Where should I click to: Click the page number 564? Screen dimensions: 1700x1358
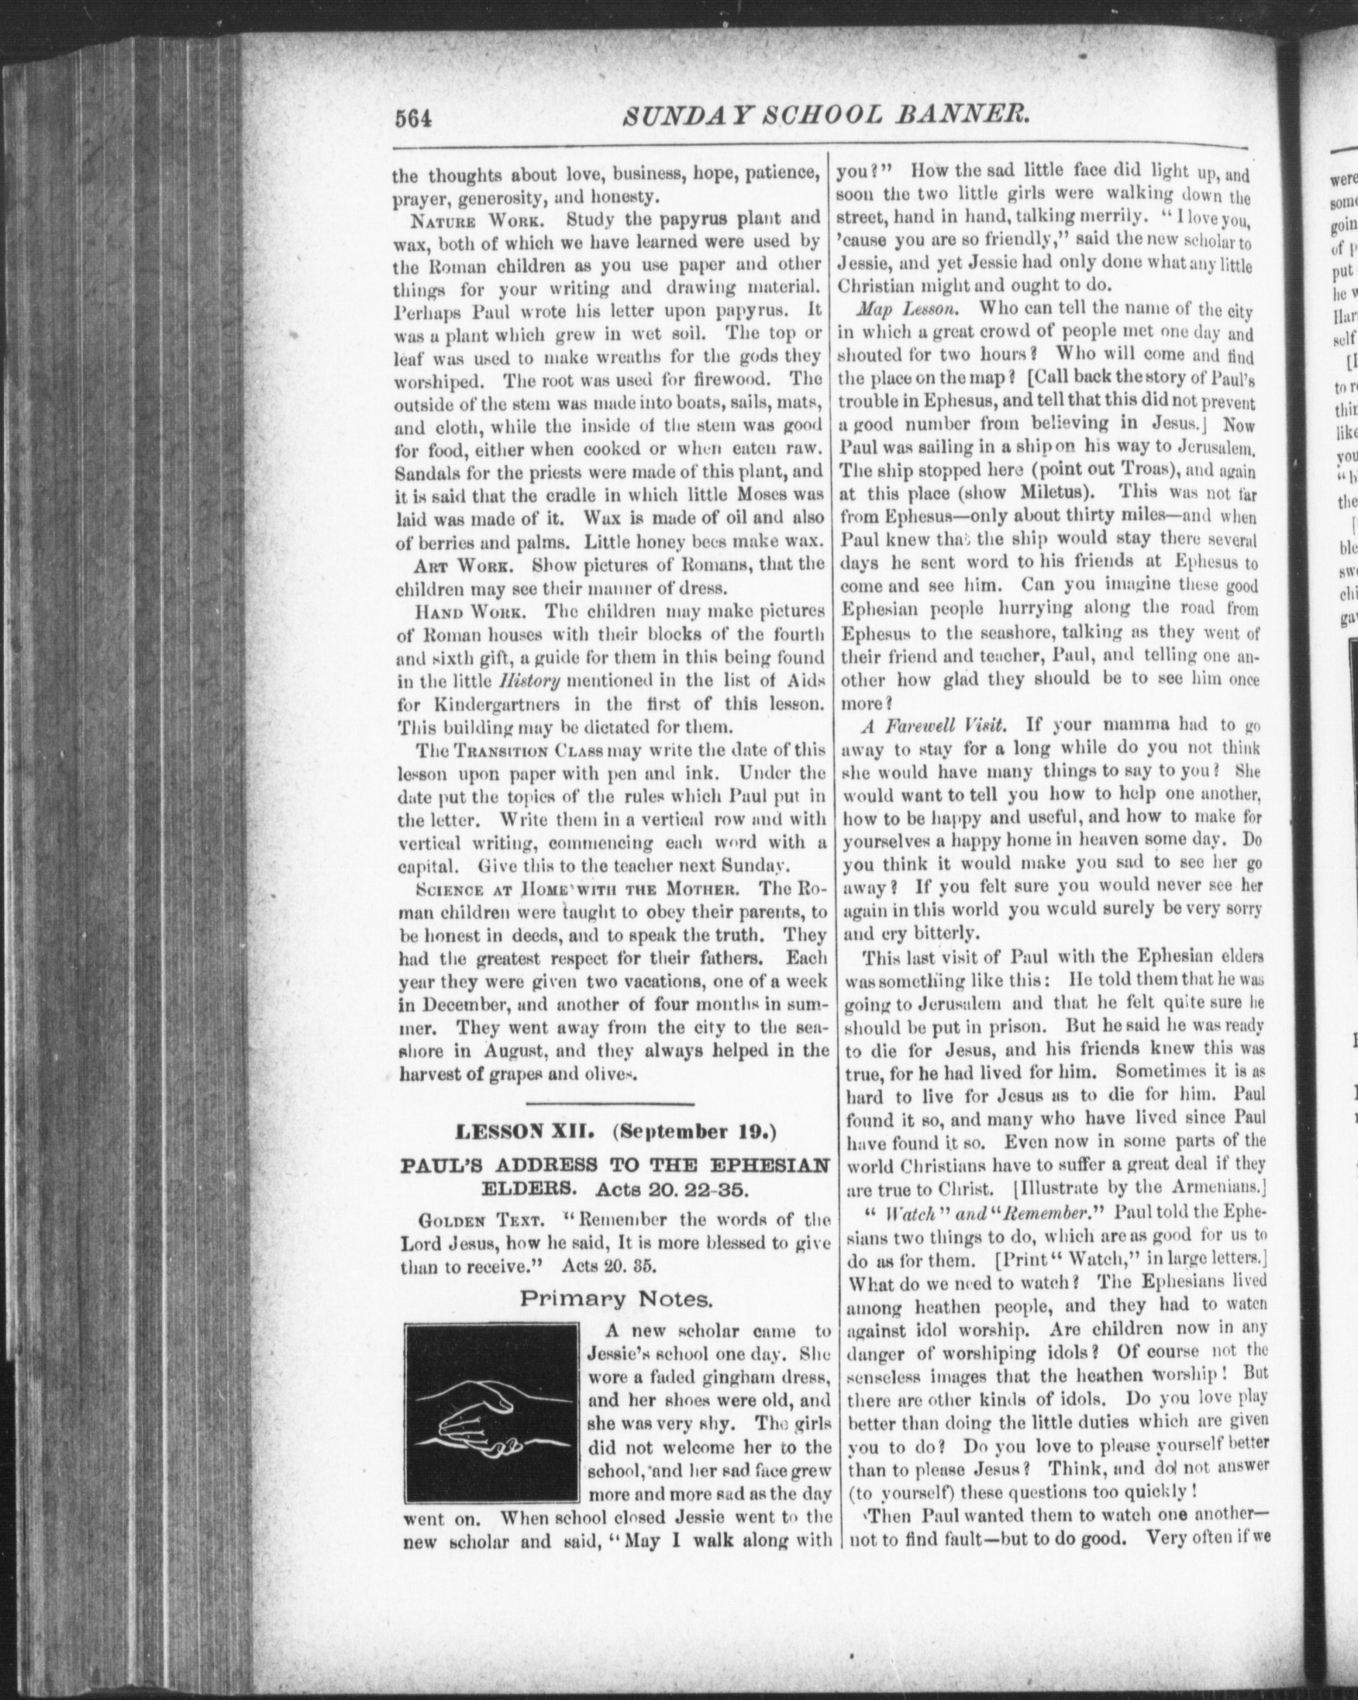415,119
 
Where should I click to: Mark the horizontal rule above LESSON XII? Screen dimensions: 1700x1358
609,1125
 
